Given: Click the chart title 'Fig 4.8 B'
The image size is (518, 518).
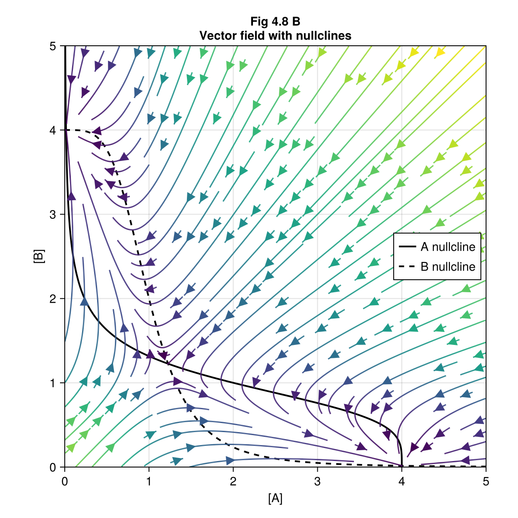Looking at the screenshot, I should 275,22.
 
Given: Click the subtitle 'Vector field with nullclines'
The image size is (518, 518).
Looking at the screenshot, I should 275,36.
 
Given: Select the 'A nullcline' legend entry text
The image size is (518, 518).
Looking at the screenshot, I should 448,247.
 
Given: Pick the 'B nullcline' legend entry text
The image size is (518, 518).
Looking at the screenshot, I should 448,267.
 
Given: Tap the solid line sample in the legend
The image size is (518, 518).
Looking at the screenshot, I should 407,247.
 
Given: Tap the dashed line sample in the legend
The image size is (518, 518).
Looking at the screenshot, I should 407,267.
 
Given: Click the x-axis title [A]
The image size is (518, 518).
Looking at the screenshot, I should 275,499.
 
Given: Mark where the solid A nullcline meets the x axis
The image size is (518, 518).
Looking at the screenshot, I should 402,467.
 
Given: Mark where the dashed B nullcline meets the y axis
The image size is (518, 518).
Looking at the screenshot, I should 65,130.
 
